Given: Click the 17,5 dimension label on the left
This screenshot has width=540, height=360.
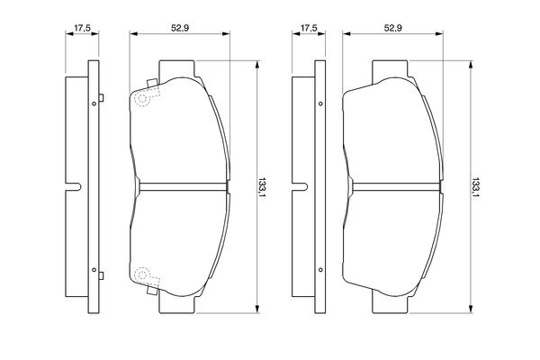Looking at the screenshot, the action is click(x=82, y=28).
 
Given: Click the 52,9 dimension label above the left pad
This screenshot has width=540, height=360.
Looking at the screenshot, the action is click(x=180, y=28).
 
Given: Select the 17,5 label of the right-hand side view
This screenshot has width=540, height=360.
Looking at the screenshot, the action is click(x=309, y=28).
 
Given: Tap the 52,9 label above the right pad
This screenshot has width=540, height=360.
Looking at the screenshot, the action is click(x=393, y=28).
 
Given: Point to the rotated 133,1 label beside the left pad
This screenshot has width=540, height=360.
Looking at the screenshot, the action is click(x=263, y=187).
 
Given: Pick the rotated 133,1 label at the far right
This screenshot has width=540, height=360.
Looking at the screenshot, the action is click(x=475, y=187).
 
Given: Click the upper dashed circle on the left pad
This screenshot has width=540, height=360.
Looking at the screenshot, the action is click(x=142, y=99).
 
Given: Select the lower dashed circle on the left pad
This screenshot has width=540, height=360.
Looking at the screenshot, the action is click(x=142, y=274).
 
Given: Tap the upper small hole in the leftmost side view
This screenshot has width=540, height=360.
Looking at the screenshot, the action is click(x=94, y=103).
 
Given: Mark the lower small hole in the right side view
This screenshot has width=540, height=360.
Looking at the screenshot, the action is click(x=320, y=270).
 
